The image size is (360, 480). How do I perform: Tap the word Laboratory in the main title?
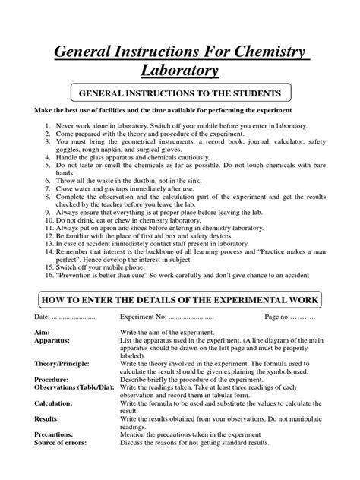[x=180, y=73]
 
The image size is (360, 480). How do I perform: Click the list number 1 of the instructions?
[x=47, y=122]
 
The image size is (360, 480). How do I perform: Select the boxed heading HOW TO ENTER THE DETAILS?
[x=180, y=314]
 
